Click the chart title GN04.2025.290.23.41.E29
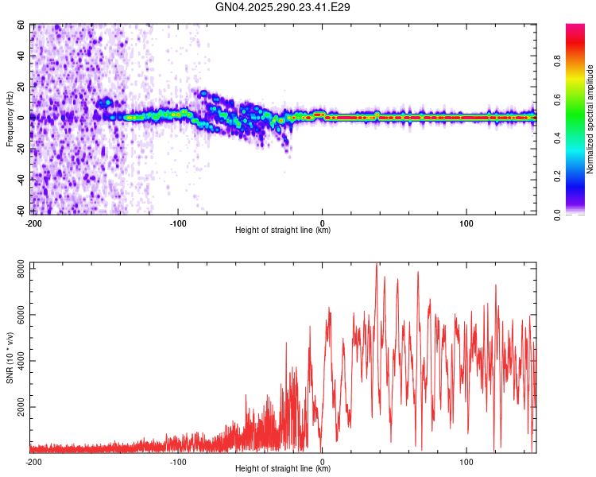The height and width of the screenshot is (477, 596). click(283, 7)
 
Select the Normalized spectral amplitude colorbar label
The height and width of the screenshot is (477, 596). click(590, 119)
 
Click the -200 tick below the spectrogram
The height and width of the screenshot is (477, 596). click(33, 223)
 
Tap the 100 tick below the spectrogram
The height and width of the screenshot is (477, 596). click(466, 223)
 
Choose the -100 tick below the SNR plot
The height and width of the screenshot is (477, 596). click(178, 461)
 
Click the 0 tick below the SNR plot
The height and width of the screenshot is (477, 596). click(322, 461)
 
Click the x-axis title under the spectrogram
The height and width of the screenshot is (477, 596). click(283, 231)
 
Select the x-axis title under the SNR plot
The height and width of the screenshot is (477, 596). click(283, 469)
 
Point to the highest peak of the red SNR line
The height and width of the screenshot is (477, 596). click(376, 264)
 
